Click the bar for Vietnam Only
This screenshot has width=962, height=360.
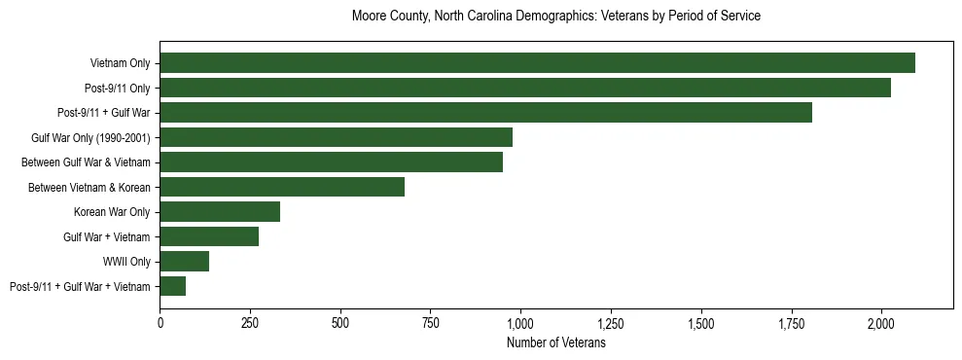(537, 63)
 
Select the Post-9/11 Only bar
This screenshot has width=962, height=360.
(525, 88)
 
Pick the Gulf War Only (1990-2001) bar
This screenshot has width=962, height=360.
(336, 137)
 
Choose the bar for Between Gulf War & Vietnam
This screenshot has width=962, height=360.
(331, 162)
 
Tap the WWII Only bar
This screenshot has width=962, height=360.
(185, 261)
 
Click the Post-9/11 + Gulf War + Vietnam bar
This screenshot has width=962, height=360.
(173, 286)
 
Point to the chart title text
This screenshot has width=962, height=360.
(556, 17)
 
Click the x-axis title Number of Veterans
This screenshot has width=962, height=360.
(556, 343)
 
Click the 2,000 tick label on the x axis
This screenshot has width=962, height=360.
(881, 322)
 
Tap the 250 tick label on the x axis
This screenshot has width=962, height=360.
(250, 322)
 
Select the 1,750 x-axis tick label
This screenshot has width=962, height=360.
(791, 322)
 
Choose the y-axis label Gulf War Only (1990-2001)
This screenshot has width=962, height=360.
(90, 138)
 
